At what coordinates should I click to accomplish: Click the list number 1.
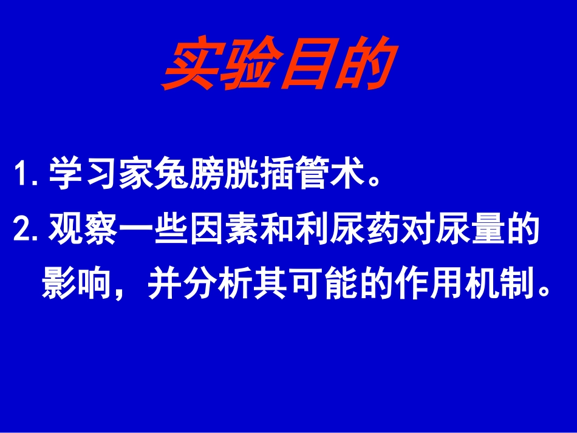pos(26,175)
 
